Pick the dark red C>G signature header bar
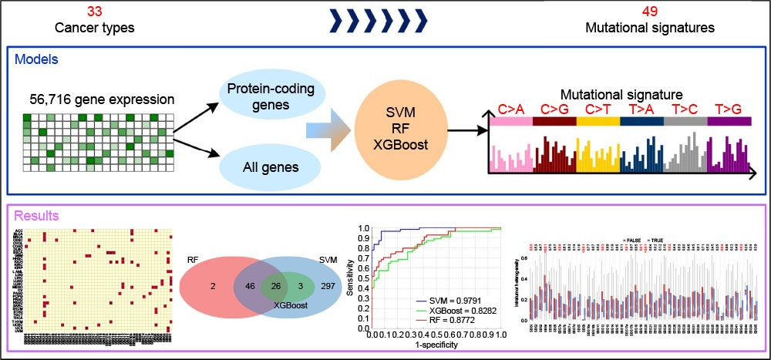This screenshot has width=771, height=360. pos(554,121)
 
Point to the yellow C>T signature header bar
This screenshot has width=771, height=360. pos(598,121)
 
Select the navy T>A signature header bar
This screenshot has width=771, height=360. pos(641,121)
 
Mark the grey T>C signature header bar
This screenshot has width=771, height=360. pos(685,121)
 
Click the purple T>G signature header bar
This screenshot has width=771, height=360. pos(729,121)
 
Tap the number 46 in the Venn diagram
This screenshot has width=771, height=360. pos(249,286)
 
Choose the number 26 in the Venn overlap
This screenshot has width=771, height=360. pos(275,286)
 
